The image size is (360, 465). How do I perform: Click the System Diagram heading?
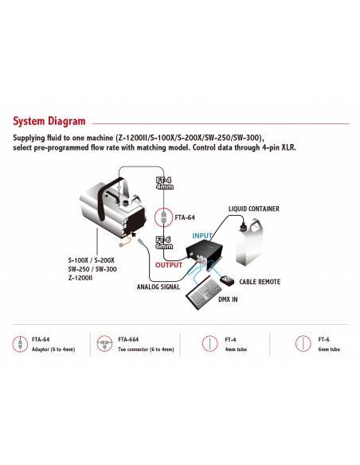49,122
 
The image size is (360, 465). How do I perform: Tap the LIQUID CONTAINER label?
253,209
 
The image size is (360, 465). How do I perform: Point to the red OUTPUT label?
169,264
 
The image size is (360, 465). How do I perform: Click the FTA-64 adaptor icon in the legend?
17,344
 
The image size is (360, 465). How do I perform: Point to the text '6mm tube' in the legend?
331,350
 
